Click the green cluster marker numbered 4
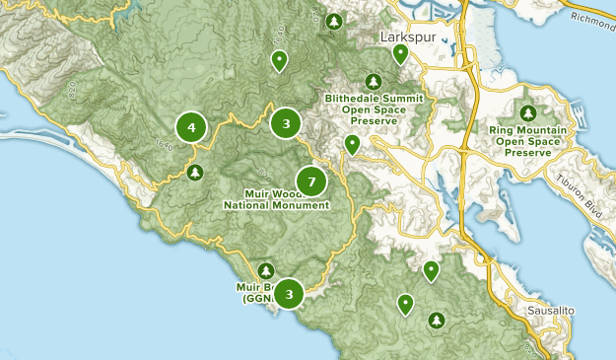coord(191,127)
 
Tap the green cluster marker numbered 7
coord(311,181)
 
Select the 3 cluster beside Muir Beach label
coord(289,294)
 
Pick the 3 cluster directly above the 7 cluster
coord(286,123)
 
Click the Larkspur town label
coord(407,36)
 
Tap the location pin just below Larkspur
coord(400,54)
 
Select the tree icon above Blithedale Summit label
coord(374,82)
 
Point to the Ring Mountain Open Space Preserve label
coord(532,140)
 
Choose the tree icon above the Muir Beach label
coord(265,271)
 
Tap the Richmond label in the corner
coord(590,16)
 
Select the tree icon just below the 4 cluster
coord(195,173)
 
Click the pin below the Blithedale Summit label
coord(352,145)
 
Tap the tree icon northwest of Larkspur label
coord(334,21)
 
